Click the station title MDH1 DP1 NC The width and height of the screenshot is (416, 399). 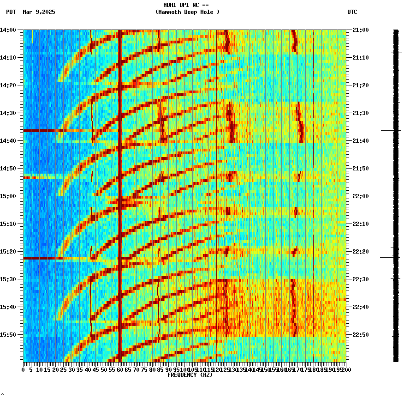pos(186,5)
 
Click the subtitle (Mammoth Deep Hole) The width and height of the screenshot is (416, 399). pos(187,12)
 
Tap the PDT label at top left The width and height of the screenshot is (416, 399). pos(11,12)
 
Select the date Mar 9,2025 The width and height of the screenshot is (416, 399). pos(39,12)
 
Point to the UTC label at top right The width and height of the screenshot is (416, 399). pos(352,12)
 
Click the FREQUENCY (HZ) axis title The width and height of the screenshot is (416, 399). pos(190,375)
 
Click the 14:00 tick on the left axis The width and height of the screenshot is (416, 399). pos(8,30)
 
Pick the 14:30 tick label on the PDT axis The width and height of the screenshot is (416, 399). pos(8,113)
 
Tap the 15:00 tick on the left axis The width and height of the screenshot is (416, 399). pos(8,196)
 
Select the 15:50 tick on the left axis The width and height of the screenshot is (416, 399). pos(8,335)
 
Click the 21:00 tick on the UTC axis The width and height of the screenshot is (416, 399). pos(360,30)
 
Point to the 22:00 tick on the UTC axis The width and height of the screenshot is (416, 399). pos(360,196)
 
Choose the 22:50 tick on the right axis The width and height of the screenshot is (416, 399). pos(360,335)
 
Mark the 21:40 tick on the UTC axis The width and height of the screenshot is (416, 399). pos(360,141)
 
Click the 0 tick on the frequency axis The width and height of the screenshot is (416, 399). pos(24,369)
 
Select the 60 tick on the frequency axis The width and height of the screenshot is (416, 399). pos(120,369)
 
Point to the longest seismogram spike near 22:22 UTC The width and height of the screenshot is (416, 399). pos(390,257)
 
